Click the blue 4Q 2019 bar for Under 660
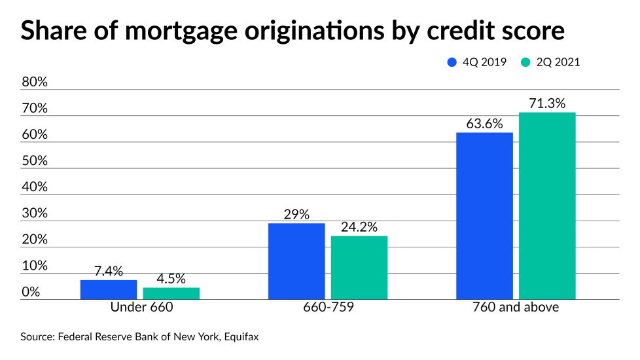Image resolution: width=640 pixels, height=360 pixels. pyautogui.click(x=109, y=289)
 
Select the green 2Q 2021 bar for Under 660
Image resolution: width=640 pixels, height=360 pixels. pyautogui.click(x=171, y=293)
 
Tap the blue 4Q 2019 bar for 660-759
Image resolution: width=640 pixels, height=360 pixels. pyautogui.click(x=296, y=261)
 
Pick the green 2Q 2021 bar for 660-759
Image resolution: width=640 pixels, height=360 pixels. pyautogui.click(x=359, y=267)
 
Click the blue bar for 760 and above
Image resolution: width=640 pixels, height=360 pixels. pyautogui.click(x=484, y=216)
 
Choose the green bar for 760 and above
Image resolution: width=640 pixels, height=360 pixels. pyautogui.click(x=547, y=206)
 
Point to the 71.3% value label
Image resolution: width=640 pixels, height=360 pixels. pyautogui.click(x=547, y=103)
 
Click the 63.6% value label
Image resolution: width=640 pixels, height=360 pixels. pyautogui.click(x=484, y=124)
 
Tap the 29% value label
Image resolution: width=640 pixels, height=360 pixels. pyautogui.click(x=296, y=215)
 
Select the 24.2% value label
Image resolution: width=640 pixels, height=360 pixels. pyautogui.click(x=359, y=227)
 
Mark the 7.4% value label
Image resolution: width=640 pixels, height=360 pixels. pyautogui.click(x=109, y=271)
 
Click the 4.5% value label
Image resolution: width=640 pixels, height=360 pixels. pyautogui.click(x=171, y=279)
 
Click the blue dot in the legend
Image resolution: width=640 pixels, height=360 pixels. pyautogui.click(x=452, y=63)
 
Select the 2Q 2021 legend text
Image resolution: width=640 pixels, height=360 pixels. pyautogui.click(x=558, y=63)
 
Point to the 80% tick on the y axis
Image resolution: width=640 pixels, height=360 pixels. pyautogui.click(x=35, y=82)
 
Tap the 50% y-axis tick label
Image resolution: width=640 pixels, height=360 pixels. pyautogui.click(x=35, y=161)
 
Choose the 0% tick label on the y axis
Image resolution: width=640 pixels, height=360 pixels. pyautogui.click(x=31, y=292)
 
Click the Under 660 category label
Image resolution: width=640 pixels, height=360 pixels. pyautogui.click(x=140, y=306)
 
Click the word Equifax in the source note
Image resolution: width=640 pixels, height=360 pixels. pyautogui.click(x=242, y=338)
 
